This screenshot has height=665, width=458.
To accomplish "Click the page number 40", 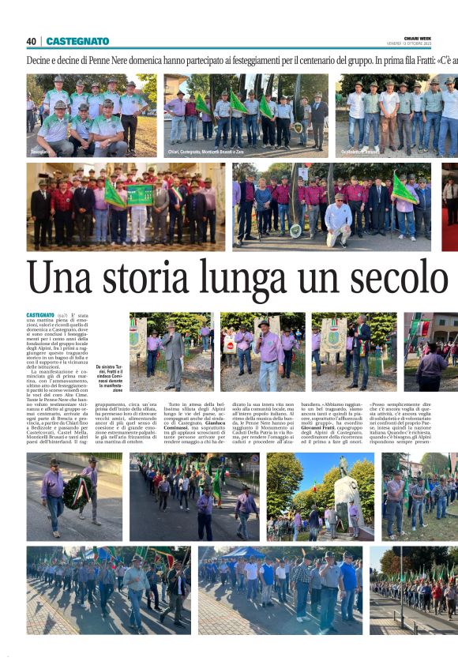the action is [x=32, y=41].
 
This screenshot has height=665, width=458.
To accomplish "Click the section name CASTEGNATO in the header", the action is [x=77, y=41].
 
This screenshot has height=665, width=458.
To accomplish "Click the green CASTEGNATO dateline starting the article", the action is [x=40, y=315].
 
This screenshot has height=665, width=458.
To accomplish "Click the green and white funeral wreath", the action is [x=79, y=492].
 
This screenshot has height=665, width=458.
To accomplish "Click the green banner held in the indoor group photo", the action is [x=139, y=195].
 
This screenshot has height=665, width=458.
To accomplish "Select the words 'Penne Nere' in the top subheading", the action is [x=113, y=60].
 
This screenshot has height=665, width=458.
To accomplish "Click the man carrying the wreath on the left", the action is [x=54, y=494].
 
